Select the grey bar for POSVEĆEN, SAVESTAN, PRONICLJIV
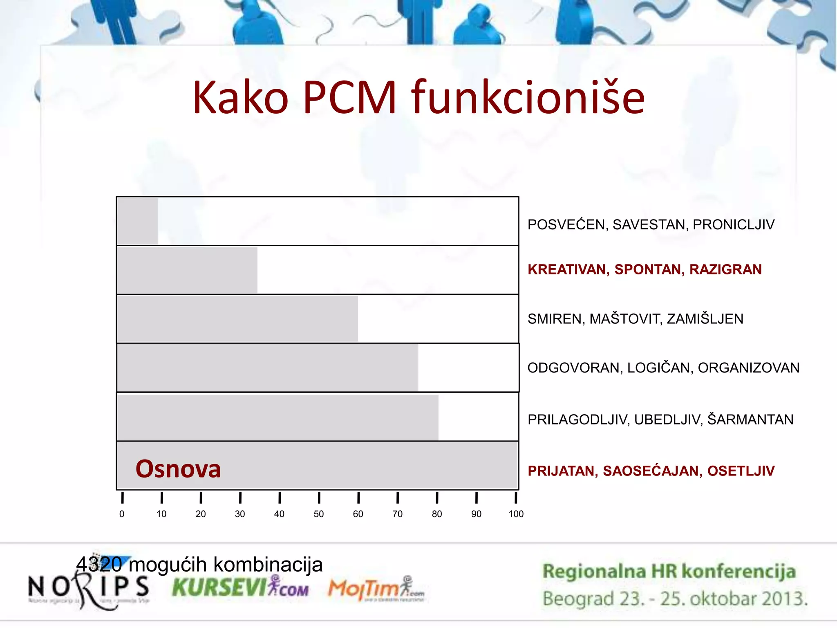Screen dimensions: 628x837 click(x=138, y=222)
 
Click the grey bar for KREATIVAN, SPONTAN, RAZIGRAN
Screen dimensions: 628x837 click(x=187, y=270)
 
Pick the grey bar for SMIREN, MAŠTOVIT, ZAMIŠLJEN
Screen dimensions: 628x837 click(x=237, y=318)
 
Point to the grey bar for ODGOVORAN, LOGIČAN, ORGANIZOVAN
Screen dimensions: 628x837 click(x=268, y=368)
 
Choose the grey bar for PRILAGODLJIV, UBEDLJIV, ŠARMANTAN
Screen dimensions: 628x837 click(x=278, y=417)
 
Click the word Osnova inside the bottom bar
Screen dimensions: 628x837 click(x=178, y=469)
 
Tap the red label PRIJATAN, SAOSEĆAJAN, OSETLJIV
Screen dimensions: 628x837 click(x=651, y=471)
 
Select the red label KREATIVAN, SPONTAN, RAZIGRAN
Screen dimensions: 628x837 click(x=645, y=269)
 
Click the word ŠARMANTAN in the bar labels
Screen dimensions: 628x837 click(x=750, y=419)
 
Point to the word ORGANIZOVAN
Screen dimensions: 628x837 click(x=748, y=368)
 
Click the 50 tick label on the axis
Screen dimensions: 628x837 click(x=319, y=514)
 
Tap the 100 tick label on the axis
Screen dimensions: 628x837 click(x=516, y=514)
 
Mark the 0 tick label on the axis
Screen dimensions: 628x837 click(x=122, y=514)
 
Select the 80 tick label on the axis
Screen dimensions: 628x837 click(x=437, y=514)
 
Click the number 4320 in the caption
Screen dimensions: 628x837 click(x=99, y=565)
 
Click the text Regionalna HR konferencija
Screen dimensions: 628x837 click(x=669, y=571)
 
